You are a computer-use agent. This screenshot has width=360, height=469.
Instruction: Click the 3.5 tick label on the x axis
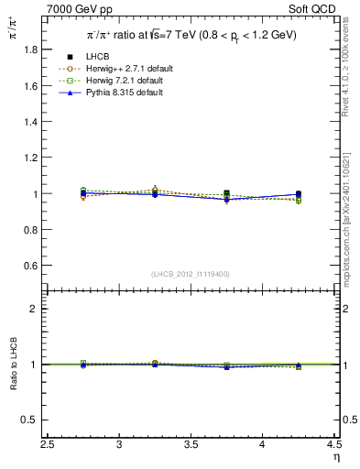191,444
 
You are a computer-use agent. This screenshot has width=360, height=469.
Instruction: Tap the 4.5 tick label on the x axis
333,444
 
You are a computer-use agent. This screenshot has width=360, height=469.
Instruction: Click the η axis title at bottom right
334,457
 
